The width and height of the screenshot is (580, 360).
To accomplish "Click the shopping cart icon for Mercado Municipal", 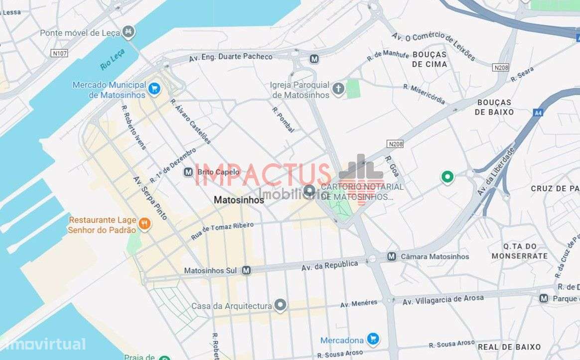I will tap(154, 89).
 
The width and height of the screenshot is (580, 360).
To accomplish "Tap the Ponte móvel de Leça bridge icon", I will tap(129, 32).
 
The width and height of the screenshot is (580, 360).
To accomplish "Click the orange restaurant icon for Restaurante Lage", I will tap(145, 224).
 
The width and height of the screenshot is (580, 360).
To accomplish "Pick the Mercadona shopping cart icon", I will tap(372, 340).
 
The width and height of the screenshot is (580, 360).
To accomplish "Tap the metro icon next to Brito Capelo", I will tap(188, 172).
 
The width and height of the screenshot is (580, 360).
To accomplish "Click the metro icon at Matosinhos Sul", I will tap(246, 270).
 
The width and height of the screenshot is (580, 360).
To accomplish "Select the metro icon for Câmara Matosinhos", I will tap(392, 256).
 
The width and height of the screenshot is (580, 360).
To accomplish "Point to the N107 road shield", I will tap(59, 53).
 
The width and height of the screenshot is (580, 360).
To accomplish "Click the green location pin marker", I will tap(447, 177).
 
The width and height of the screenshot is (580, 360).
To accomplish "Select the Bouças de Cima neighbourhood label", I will tap(430, 59).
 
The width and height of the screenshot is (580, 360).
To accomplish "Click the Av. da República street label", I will tap(329, 265).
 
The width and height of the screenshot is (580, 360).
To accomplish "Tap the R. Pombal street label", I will tap(283, 120).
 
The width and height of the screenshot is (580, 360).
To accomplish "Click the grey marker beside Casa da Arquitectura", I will tap(281, 305).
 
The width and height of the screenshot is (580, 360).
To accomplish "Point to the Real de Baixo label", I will tap(509, 347).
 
